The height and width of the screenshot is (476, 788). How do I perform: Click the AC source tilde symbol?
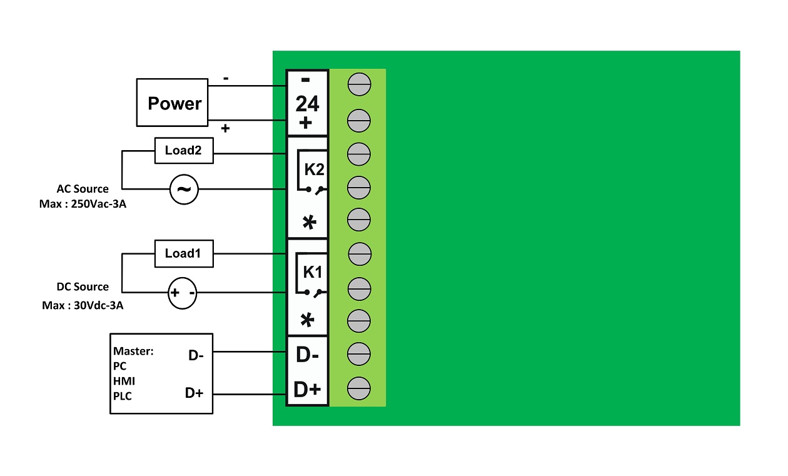point(184,190)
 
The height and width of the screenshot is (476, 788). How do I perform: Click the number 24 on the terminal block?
point(307,104)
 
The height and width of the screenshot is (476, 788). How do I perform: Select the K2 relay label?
point(314,170)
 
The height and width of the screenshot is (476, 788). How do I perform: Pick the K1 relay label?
point(313,272)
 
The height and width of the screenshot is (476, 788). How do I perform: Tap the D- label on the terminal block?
point(307,355)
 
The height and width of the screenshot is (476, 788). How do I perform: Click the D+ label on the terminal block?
point(307,390)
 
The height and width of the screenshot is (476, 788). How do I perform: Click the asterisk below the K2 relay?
point(309,222)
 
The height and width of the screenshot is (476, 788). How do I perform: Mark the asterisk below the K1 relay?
point(307,320)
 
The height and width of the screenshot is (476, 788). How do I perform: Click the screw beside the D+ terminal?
point(359,388)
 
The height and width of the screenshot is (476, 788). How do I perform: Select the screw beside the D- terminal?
point(359,354)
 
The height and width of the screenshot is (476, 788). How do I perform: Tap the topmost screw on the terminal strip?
point(359,84)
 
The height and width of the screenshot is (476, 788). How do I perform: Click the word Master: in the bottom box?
point(133,351)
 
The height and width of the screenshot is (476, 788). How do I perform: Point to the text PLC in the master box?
point(122,396)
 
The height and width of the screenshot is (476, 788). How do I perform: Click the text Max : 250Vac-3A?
point(83,204)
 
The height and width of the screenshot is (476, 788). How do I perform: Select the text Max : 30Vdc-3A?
point(83,305)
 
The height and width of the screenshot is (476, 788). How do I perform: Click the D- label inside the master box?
point(196,355)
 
